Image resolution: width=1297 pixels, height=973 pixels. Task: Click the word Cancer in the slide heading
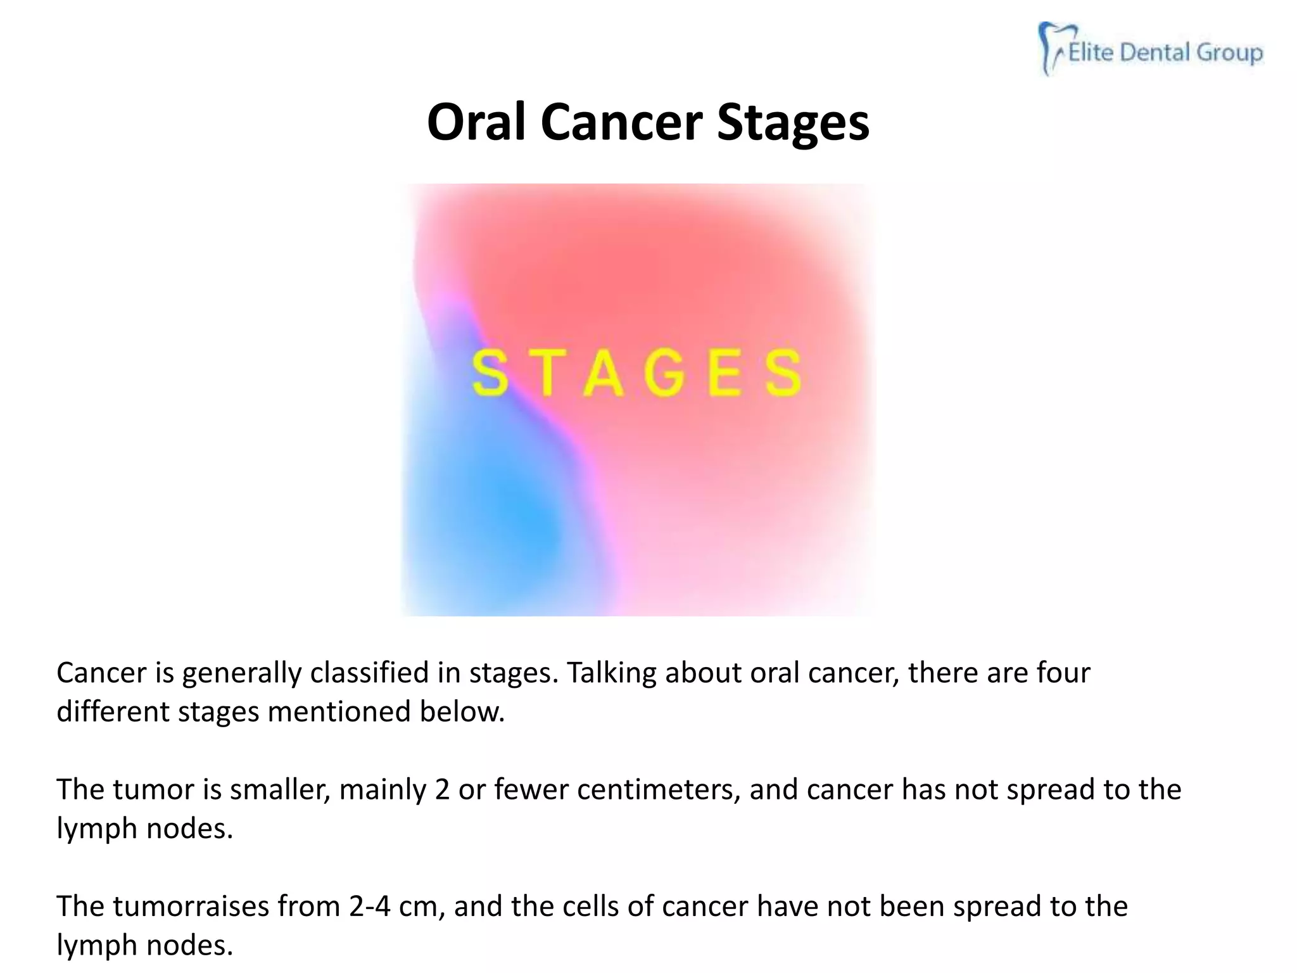pos(621,122)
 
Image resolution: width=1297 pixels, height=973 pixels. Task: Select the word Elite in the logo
pos(1091,53)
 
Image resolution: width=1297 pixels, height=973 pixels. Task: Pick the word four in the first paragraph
pos(1063,673)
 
